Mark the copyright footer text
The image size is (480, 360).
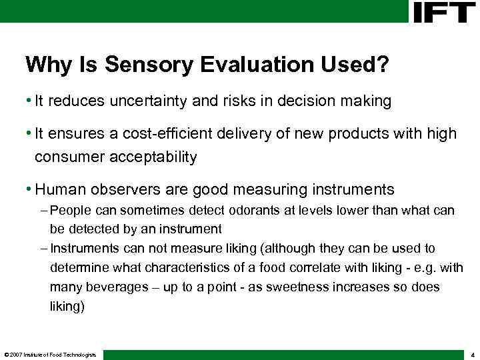[50, 354]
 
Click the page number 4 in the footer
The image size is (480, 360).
[471, 354]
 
